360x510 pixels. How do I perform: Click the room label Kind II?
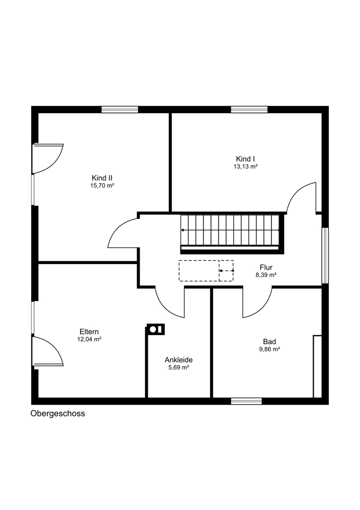[x=102, y=178]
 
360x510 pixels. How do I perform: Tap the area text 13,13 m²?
[x=246, y=167]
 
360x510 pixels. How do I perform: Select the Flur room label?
[x=266, y=267]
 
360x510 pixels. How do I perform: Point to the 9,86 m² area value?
[x=270, y=349]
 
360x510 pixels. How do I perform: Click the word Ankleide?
[x=178, y=360]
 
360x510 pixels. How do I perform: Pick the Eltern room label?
[x=89, y=332]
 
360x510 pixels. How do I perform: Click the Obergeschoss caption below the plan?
[x=58, y=414]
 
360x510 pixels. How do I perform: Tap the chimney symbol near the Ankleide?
[x=156, y=329]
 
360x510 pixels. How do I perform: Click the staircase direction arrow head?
[x=183, y=230]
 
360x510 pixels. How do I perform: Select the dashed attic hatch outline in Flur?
[x=206, y=271]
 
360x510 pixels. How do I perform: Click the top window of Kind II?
[x=120, y=110]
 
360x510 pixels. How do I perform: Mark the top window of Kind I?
[x=249, y=110]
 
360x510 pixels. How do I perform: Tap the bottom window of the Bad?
[x=246, y=401]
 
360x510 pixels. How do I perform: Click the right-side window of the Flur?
[x=325, y=256]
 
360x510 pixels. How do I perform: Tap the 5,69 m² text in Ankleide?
[x=178, y=368]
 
